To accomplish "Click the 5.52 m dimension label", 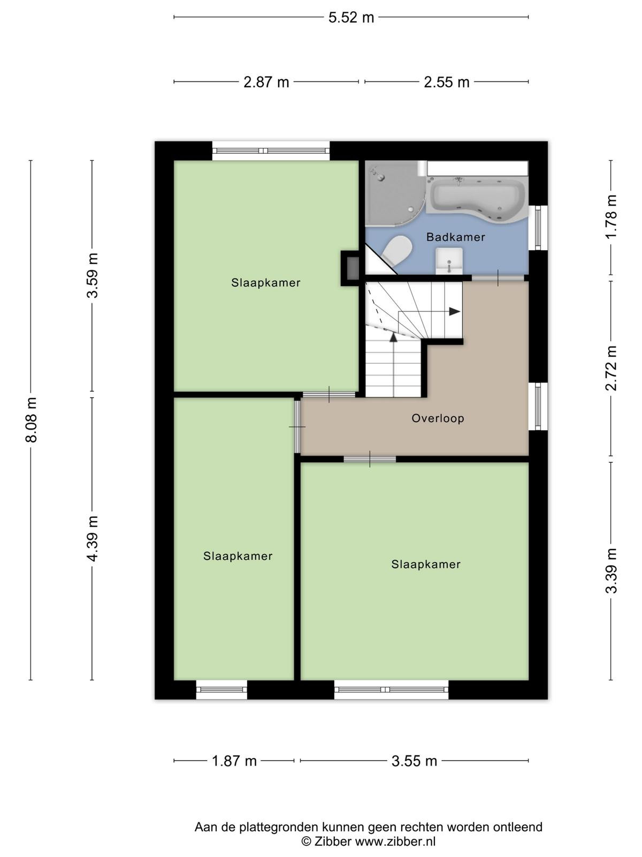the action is [x=351, y=18].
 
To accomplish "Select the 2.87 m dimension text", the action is [x=266, y=82].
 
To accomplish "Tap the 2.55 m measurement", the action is [x=447, y=82].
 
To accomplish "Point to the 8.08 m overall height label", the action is [x=31, y=420].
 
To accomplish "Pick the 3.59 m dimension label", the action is [x=93, y=275].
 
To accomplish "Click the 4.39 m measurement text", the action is [x=93, y=538].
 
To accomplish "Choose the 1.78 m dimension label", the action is [x=611, y=216].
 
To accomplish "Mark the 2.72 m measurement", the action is [x=611, y=368].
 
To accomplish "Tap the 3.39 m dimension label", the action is [x=611, y=571].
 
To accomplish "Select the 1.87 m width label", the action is [x=234, y=761].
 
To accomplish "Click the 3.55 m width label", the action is [x=414, y=761].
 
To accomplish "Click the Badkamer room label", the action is [x=456, y=237].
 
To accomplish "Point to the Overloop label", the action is [x=438, y=418].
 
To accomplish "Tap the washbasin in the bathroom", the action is [x=449, y=261].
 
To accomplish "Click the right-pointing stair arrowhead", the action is [x=455, y=312].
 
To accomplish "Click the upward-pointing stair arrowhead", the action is [x=394, y=337].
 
